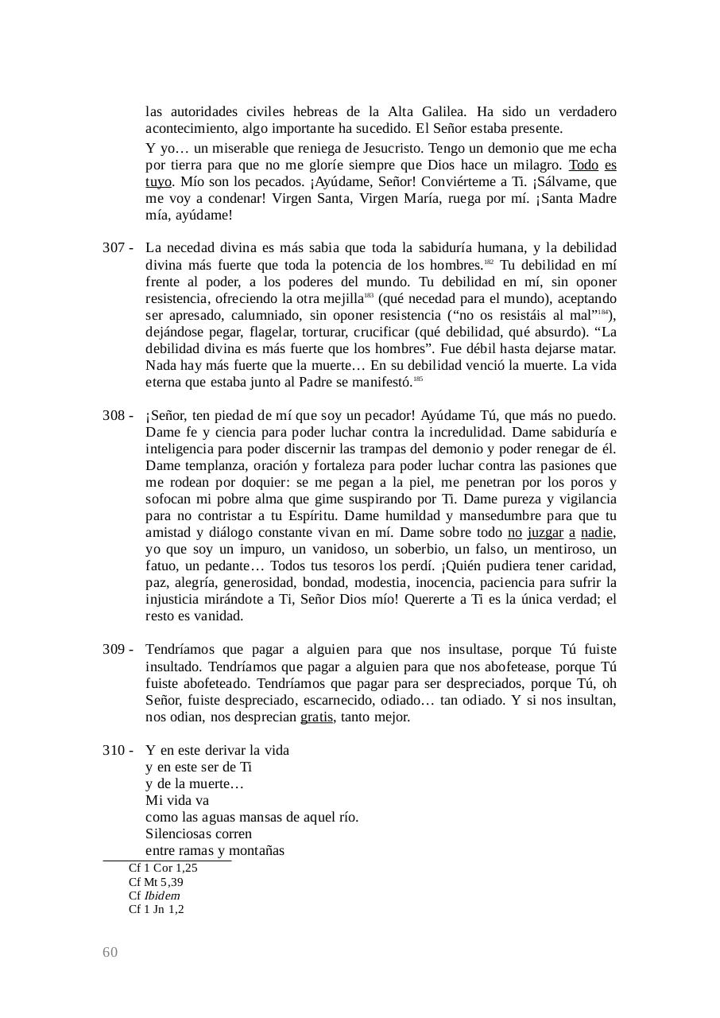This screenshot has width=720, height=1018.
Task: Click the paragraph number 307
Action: pyautogui.click(x=113, y=248)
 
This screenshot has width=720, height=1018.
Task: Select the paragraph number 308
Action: pyautogui.click(x=113, y=416)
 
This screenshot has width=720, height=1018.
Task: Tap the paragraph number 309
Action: pyautogui.click(x=113, y=650)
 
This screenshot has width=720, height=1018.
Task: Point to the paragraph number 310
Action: pyautogui.click(x=113, y=750)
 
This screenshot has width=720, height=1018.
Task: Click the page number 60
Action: pyautogui.click(x=110, y=953)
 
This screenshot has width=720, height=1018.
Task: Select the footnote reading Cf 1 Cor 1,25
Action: pyautogui.click(x=163, y=868)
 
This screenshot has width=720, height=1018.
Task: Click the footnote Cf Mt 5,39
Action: pyautogui.click(x=156, y=882)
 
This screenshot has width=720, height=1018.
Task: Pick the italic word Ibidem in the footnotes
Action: pyautogui.click(x=161, y=896)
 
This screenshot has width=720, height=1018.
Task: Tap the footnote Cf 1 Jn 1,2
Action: pyautogui.click(x=157, y=909)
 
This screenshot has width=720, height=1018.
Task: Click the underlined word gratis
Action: pyautogui.click(x=316, y=717)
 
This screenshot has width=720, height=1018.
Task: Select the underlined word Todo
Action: pyautogui.click(x=584, y=165)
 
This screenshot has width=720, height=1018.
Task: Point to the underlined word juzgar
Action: pyautogui.click(x=545, y=533)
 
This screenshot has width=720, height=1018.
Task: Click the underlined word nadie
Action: pyautogui.click(x=598, y=533)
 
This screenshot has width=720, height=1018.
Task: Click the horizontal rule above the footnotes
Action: pyautogui.click(x=167, y=861)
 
